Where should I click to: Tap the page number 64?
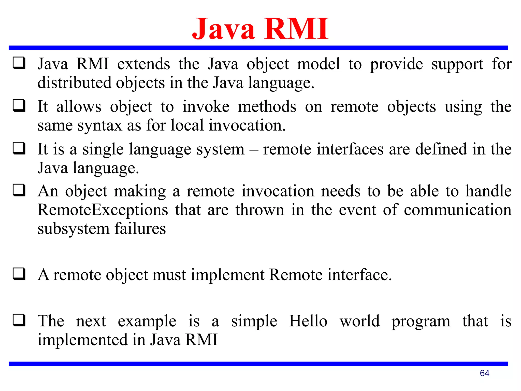pos(484,373)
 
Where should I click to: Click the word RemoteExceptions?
pos(103,210)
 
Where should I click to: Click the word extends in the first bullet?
pos(143,64)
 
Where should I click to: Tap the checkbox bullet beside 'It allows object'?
pos(19,106)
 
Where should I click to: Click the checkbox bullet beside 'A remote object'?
pos(19,274)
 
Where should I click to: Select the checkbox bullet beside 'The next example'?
pos(19,320)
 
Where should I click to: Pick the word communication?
pos(457,210)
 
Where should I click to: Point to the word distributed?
pos(74,83)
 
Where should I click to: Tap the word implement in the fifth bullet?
pos(228,275)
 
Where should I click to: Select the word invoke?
pos(206,107)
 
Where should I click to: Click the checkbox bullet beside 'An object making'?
pos(19,190)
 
